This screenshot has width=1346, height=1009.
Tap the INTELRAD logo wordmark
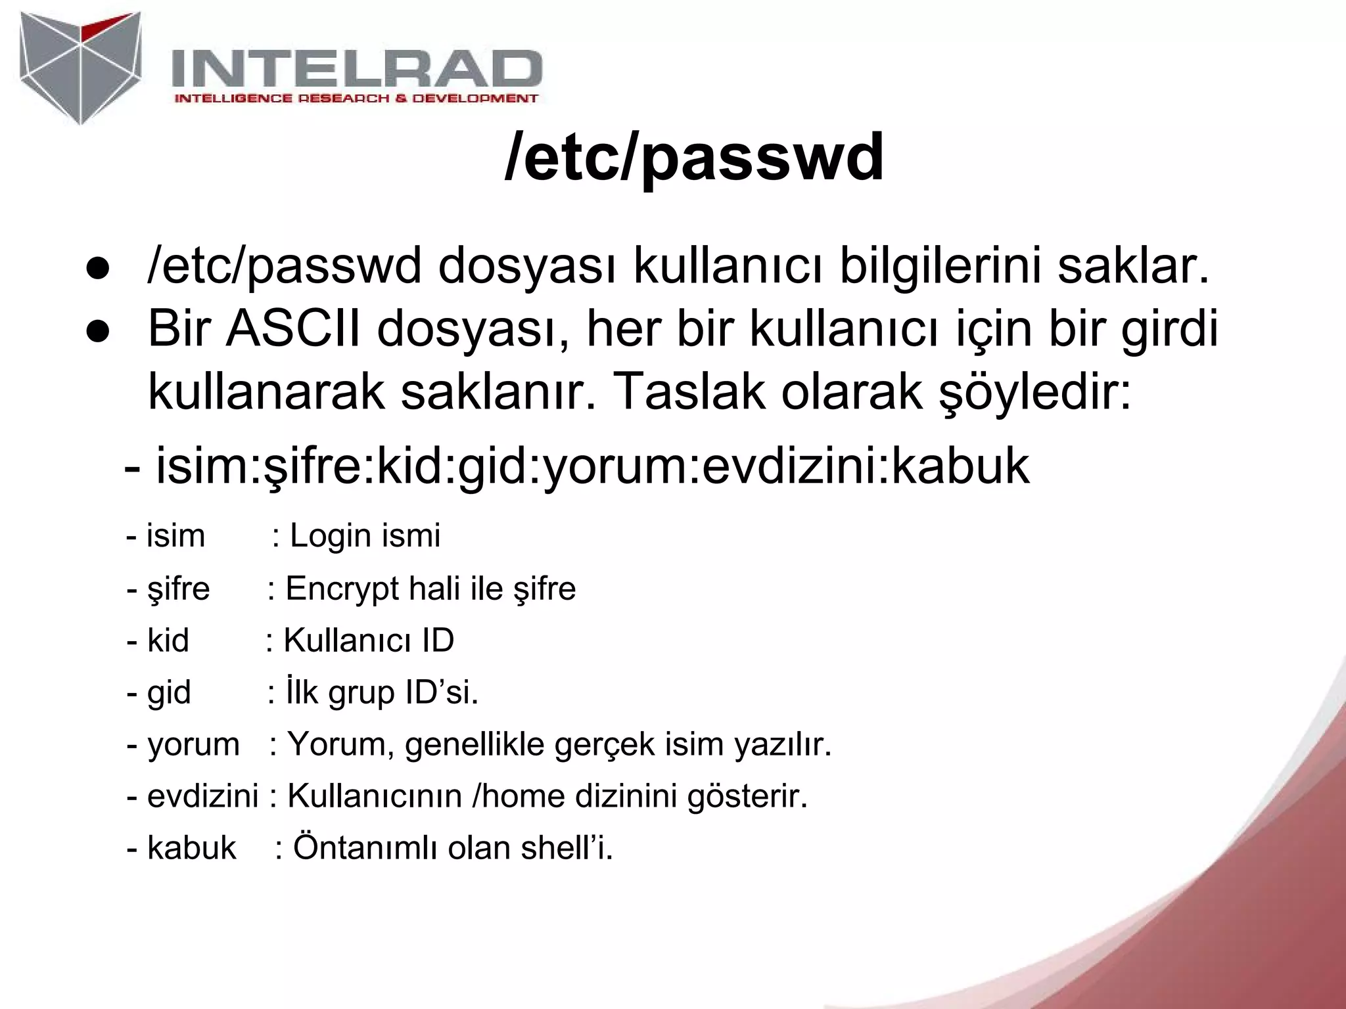click(357, 69)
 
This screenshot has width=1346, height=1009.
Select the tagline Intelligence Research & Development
click(356, 99)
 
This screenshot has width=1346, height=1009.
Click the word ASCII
click(294, 328)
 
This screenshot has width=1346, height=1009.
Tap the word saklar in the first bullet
click(1133, 267)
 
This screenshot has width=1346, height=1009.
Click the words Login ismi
click(365, 535)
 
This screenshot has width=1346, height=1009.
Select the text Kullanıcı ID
click(369, 640)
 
